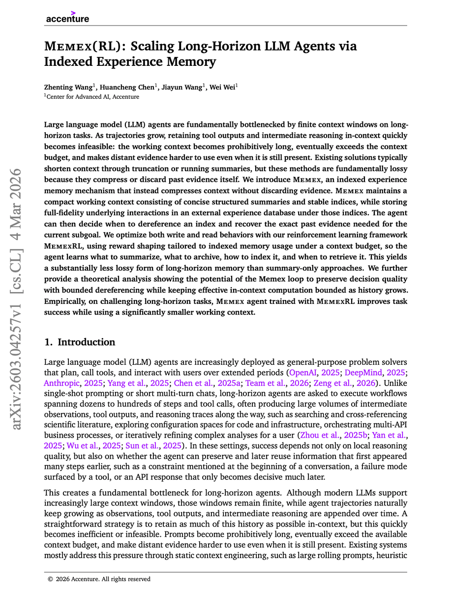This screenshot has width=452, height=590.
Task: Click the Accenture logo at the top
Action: click(67, 17)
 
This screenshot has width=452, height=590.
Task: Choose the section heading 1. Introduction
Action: click(80, 342)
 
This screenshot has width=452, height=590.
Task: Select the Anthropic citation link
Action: click(61, 383)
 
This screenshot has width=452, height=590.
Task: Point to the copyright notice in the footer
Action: click(99, 579)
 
